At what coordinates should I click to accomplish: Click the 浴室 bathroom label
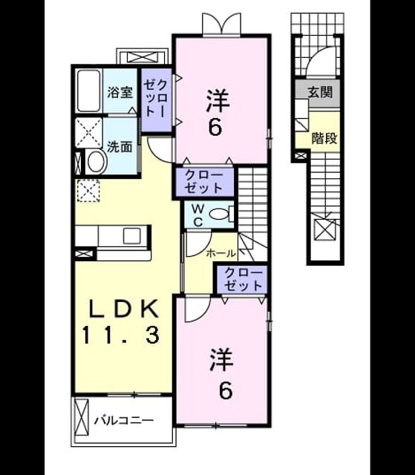[x=120, y=92]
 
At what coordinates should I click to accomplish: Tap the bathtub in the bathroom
[x=88, y=91]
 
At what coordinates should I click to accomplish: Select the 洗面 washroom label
[x=120, y=147]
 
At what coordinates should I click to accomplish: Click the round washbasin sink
[x=96, y=162]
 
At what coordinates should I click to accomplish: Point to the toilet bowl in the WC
[x=218, y=214]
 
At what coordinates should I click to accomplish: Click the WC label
[x=198, y=215]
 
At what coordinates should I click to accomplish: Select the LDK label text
[x=125, y=309]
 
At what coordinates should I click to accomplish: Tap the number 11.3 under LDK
[x=121, y=335]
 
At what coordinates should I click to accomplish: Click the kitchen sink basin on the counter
[x=132, y=236]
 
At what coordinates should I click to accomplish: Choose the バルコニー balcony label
[x=124, y=421]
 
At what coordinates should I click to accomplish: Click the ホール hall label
[x=220, y=253]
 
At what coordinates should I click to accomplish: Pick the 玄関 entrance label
[x=320, y=92]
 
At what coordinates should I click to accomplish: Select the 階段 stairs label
[x=324, y=139]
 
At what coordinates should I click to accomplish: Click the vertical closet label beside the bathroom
[x=155, y=99]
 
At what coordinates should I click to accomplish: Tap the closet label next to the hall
[x=244, y=279]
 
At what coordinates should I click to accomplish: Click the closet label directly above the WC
[x=203, y=182]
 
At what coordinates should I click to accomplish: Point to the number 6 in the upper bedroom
[x=215, y=128]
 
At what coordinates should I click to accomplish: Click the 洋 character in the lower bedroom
[x=221, y=360]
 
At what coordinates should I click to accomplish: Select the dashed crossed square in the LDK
[x=88, y=191]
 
